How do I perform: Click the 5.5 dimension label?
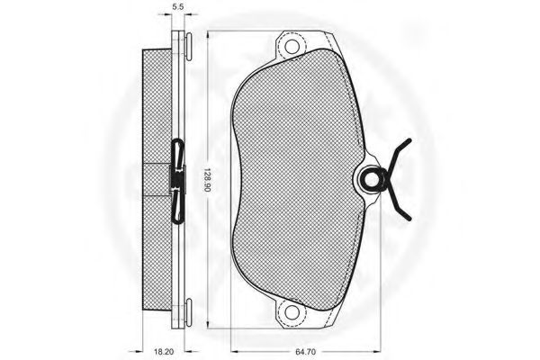[177, 6]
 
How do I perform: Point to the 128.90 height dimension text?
[207, 180]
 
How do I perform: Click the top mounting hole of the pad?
[292, 46]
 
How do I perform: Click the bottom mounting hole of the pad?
[292, 312]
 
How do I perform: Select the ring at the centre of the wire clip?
[371, 179]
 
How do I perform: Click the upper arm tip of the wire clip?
[409, 140]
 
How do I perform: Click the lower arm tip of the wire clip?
[409, 218]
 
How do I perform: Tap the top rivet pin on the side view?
[189, 47]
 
